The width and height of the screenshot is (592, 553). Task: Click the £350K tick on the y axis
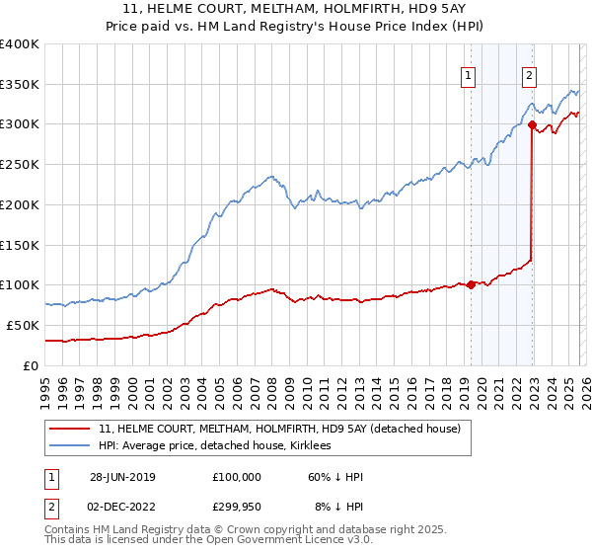20,84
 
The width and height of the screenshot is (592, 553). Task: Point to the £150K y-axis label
20,245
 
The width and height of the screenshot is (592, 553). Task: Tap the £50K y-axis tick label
23,325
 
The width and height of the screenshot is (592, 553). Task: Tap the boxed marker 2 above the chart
530,73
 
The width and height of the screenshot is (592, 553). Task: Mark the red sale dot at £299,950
532,124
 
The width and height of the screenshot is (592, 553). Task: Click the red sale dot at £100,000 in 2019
471,284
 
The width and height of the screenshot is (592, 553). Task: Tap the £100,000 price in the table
237,477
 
